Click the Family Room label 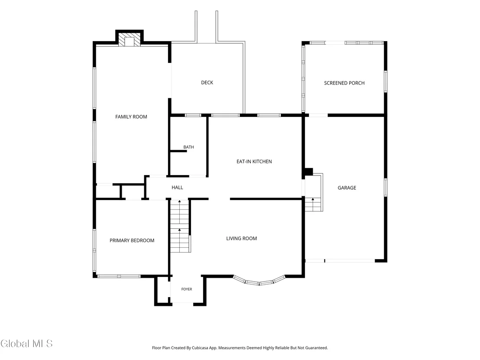click(x=131, y=117)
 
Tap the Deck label click(x=207, y=82)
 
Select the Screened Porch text click(x=344, y=83)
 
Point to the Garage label click(x=347, y=188)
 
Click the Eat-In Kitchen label click(x=254, y=161)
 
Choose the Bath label click(x=188, y=147)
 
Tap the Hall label click(x=177, y=187)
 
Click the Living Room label click(x=242, y=238)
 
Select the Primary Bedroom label click(x=132, y=240)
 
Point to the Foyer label click(x=187, y=289)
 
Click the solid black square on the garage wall click(x=308, y=172)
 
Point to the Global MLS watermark click(x=26, y=344)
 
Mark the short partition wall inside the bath click(x=178, y=151)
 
